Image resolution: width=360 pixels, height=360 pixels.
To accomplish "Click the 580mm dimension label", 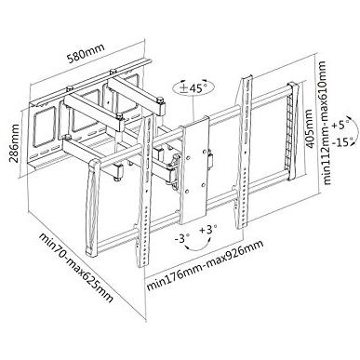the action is pos(86,53).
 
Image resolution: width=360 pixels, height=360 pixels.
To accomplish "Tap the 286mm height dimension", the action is pos(14,143).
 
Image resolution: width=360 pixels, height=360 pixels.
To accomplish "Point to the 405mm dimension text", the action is pos(312,127).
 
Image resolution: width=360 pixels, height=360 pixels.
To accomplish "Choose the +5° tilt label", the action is pos(340,127).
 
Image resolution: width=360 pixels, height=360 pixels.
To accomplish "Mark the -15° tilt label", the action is pos(342,143).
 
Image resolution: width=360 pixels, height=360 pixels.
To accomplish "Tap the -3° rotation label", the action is pos(182,239).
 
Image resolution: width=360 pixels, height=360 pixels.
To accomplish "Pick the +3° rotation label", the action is pos(208,231).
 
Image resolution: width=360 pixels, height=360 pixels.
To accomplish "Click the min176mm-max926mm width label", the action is pos(205,265).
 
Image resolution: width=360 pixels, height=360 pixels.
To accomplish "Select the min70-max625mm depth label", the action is pos(75,267).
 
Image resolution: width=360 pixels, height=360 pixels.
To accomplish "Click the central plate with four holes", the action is pos(195,170).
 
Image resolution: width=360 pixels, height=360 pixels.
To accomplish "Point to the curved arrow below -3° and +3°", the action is pos(197,249).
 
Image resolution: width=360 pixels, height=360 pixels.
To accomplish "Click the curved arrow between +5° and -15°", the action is pos(351,130).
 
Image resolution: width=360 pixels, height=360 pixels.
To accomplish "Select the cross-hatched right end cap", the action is pos(292,131).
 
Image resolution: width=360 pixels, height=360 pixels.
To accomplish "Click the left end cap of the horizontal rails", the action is pos(93,207).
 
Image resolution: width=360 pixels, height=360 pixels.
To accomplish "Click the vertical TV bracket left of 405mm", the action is pos(244,152).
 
